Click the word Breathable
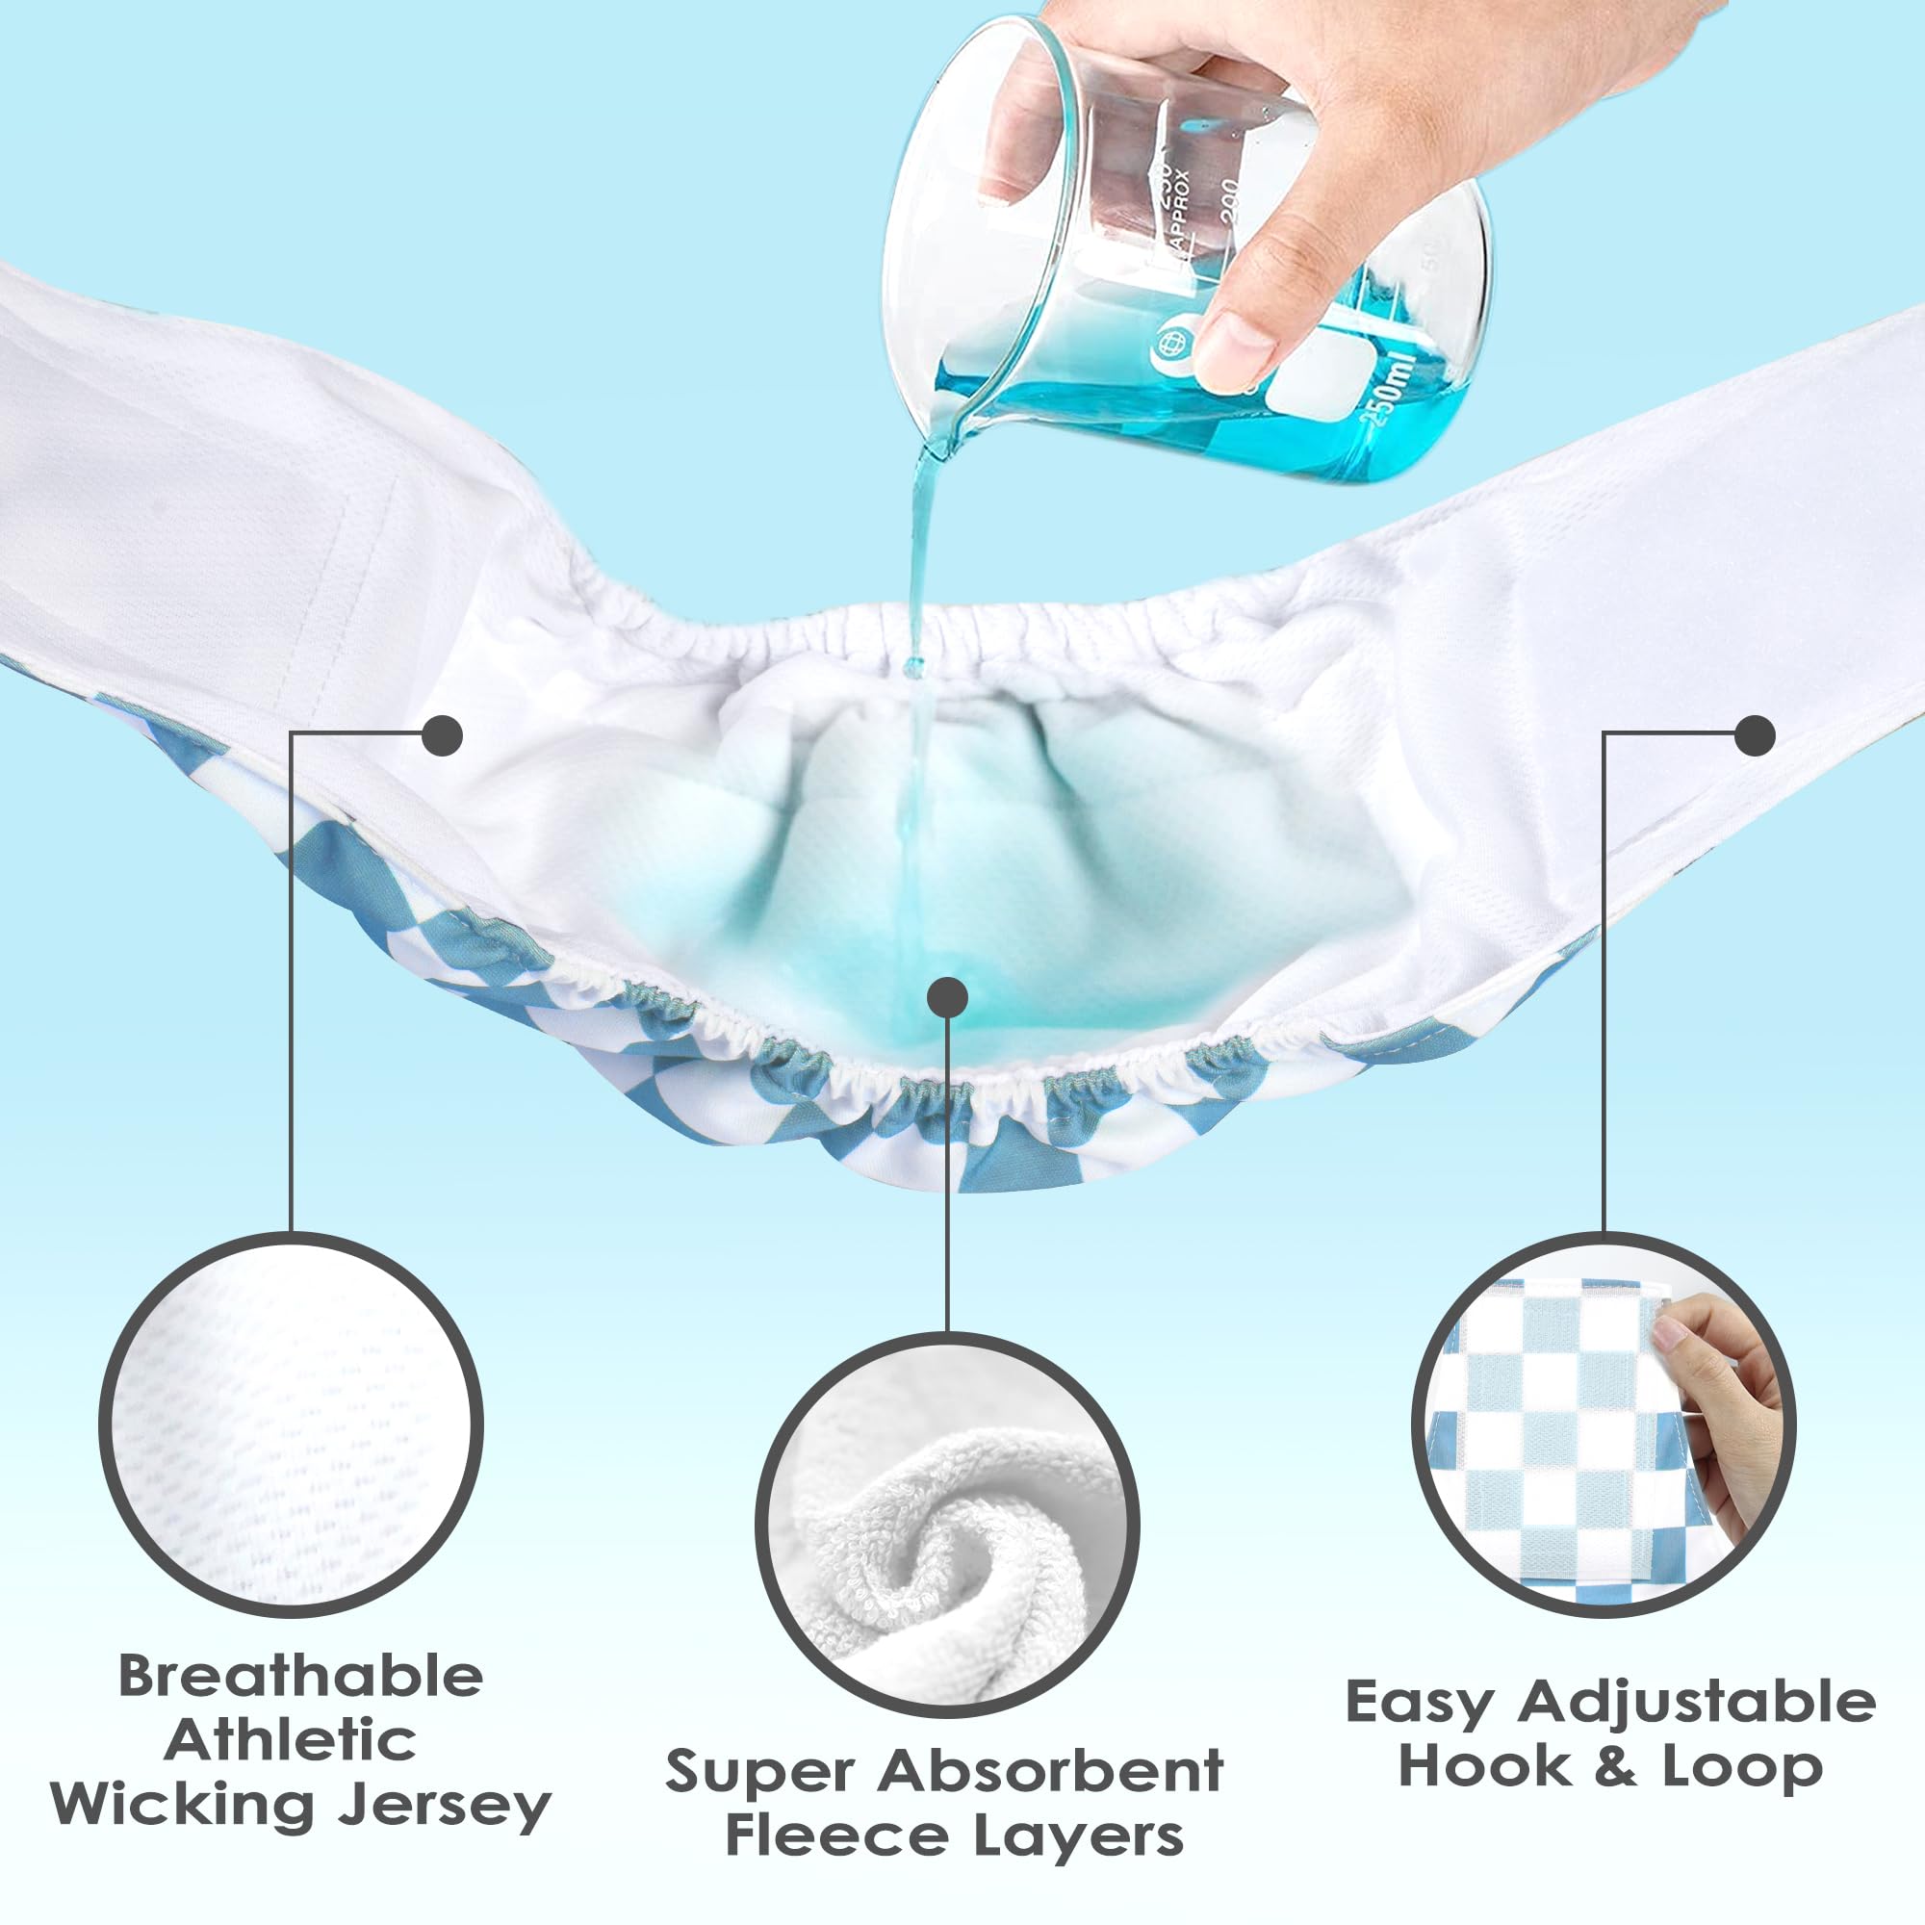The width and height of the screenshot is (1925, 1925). pyautogui.click(x=301, y=1676)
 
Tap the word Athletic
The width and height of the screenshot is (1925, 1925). pyautogui.click(x=290, y=1740)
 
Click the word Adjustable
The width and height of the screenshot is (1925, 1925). pyautogui.click(x=1696, y=1703)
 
